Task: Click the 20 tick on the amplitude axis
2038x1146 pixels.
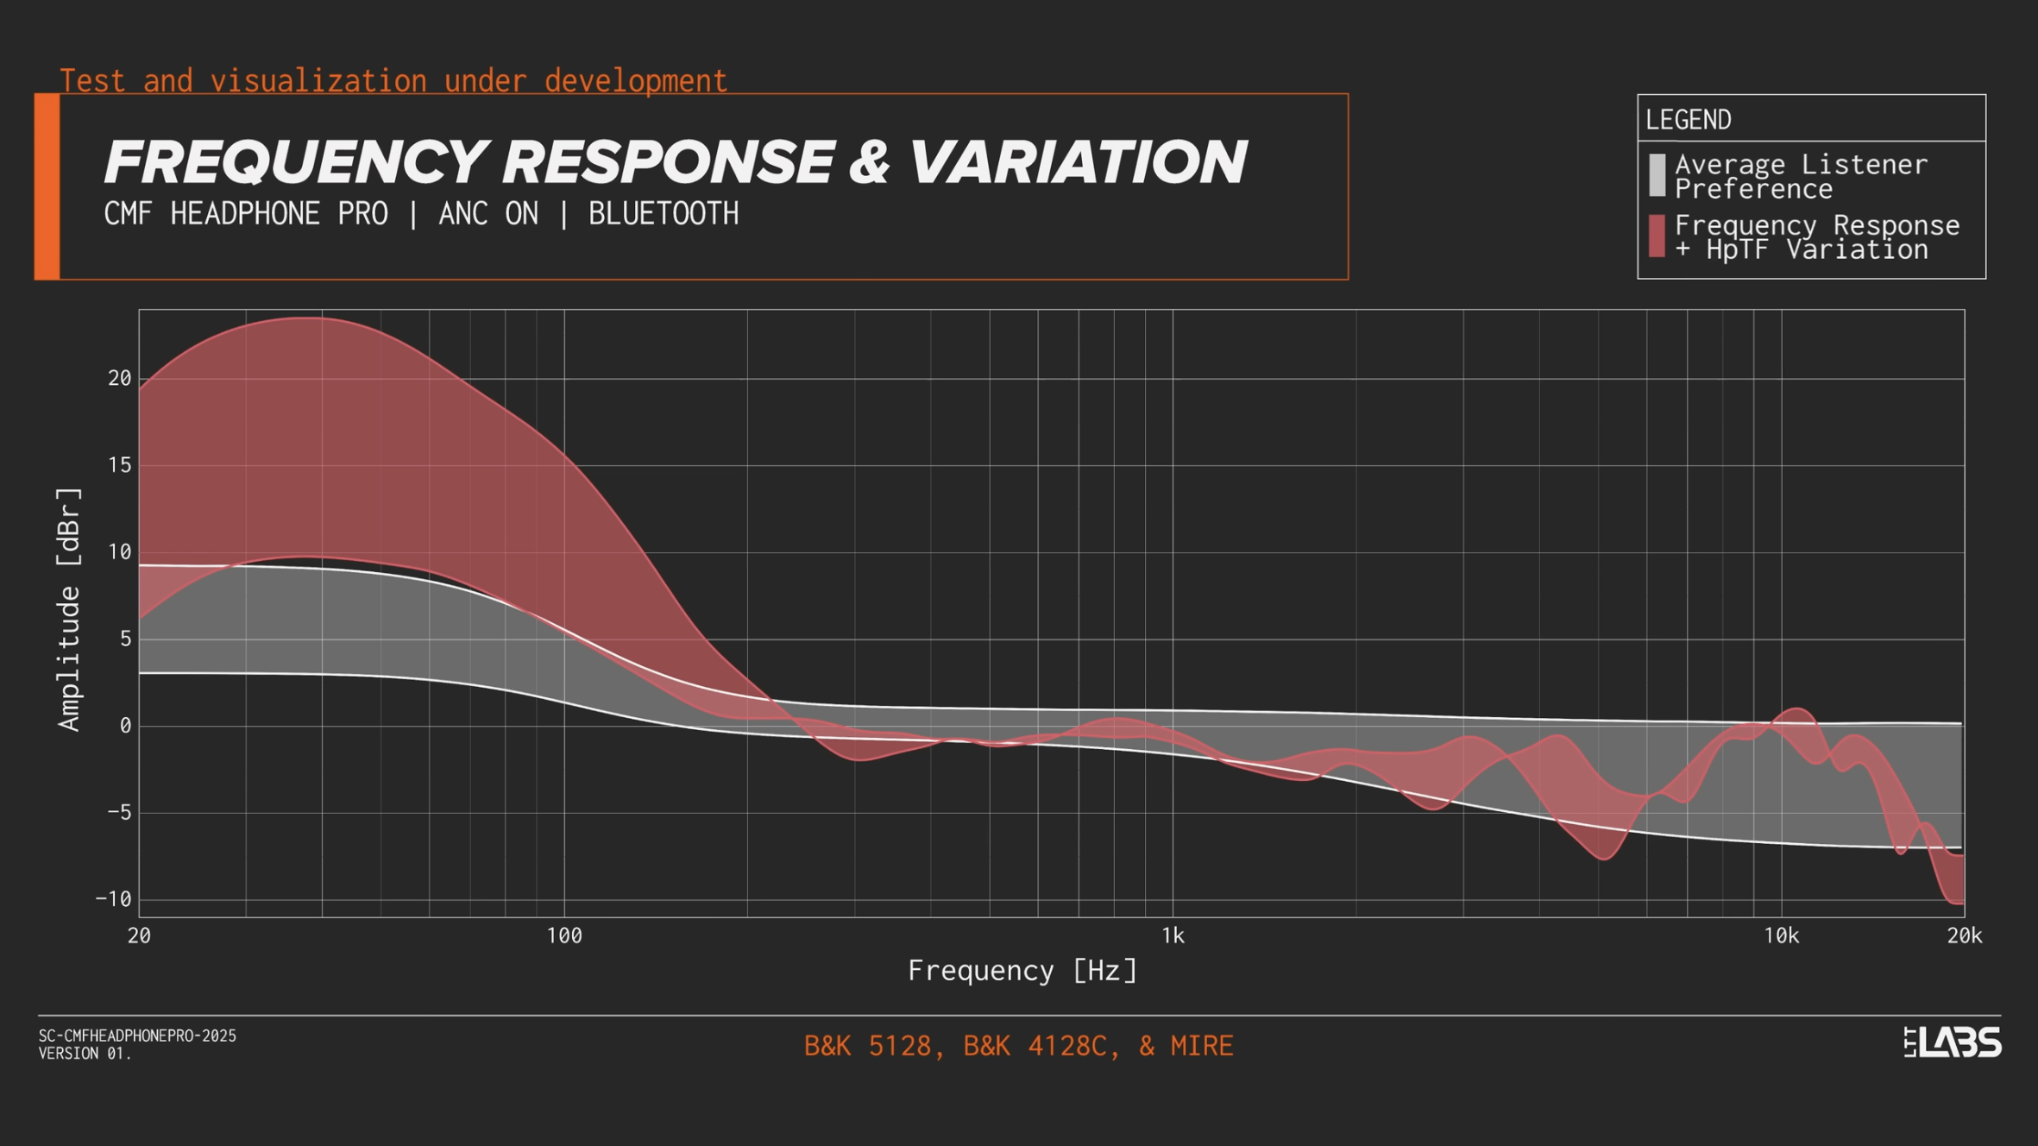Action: pos(120,379)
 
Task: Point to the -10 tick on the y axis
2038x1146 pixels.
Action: pos(114,899)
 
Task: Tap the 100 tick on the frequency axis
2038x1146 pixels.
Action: pos(564,936)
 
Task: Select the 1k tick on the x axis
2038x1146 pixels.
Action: pos(1173,936)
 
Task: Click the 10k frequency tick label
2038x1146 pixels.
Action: pos(1781,936)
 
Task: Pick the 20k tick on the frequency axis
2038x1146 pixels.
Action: pos(1964,936)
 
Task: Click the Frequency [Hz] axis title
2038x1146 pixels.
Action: pos(1022,971)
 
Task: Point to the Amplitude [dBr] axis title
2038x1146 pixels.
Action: pos(69,609)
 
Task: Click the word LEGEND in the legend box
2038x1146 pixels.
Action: pos(1688,120)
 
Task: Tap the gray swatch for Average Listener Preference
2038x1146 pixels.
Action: pos(1657,175)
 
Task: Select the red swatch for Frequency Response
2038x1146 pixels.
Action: pos(1657,236)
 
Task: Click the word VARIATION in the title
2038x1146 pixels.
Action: pos(1078,162)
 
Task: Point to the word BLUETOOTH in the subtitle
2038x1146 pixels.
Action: pos(663,214)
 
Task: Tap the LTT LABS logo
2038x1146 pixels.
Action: pos(1952,1042)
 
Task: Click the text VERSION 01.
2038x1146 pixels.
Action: pos(85,1054)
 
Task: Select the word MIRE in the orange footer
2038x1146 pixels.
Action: pos(1201,1046)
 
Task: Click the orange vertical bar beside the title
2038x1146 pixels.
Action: pos(47,186)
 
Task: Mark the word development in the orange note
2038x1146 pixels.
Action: pos(635,81)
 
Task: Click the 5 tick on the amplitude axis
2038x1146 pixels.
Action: pos(126,639)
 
